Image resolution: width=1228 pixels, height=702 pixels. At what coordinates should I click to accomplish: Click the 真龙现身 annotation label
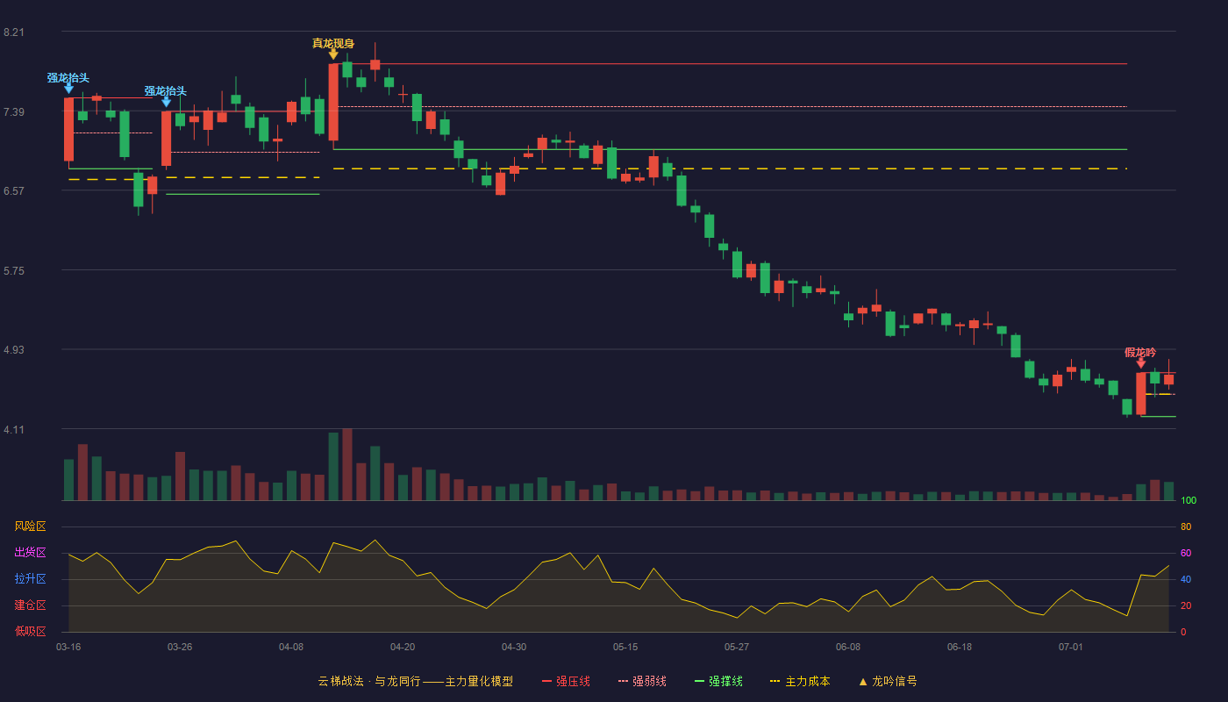click(333, 43)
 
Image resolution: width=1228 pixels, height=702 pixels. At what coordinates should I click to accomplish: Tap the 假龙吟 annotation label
click(1140, 353)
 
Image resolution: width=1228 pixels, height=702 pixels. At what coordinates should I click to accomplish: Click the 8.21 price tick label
click(14, 32)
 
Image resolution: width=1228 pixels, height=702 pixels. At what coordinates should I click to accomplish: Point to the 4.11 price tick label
click(14, 430)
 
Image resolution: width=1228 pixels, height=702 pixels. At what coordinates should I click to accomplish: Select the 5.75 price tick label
click(14, 271)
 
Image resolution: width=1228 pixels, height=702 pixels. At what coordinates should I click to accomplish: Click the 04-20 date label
click(403, 648)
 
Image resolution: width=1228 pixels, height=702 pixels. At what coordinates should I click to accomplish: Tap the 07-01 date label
click(1071, 648)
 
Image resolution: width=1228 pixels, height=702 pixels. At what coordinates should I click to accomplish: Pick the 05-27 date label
click(736, 648)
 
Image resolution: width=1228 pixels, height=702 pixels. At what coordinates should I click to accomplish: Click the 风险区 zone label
click(30, 526)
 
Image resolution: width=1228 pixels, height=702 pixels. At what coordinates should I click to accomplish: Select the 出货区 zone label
click(30, 553)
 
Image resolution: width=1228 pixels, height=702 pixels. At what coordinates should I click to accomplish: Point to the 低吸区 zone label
click(30, 632)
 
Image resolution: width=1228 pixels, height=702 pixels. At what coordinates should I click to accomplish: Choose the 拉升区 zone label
click(30, 579)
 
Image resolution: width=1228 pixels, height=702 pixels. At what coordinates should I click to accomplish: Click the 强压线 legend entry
click(566, 682)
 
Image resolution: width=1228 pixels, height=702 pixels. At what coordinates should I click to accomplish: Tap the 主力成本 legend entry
click(800, 682)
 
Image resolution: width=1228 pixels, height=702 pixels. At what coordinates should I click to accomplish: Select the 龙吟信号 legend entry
click(888, 682)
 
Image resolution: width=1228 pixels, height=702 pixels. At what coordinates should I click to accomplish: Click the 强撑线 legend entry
click(718, 682)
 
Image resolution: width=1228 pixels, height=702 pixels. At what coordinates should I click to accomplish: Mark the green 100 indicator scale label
click(1189, 501)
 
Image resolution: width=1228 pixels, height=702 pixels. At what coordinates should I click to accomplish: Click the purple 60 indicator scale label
click(1186, 554)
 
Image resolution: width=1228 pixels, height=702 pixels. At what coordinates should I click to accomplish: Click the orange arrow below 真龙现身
click(333, 54)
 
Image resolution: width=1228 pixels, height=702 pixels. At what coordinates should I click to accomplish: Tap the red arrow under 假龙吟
click(1141, 363)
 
